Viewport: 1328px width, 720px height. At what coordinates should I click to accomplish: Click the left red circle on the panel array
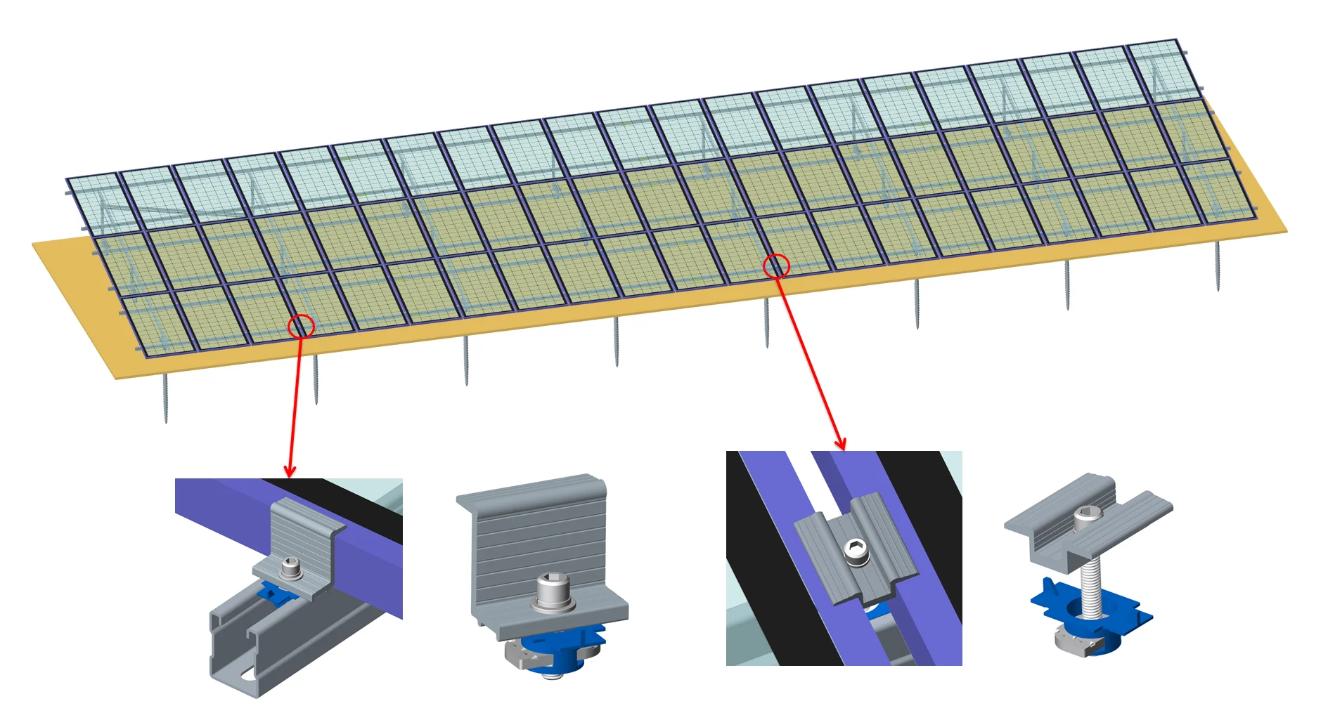pos(301,326)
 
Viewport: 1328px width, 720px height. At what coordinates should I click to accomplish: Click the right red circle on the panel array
pos(776,266)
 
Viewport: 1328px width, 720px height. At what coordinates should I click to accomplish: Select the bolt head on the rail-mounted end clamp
pos(290,566)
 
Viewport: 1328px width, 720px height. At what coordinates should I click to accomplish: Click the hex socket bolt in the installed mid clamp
pos(856,550)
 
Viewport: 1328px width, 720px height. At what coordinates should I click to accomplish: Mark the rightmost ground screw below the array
pos(1218,266)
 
